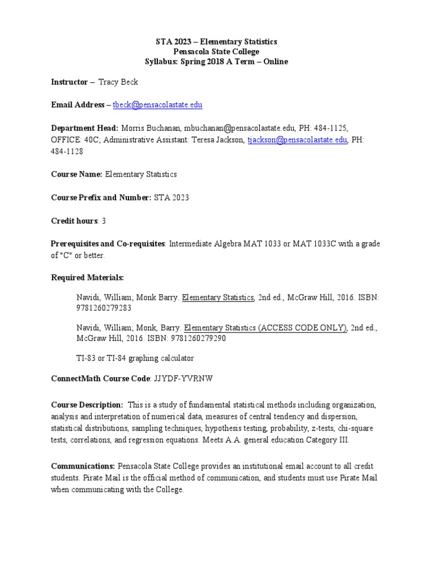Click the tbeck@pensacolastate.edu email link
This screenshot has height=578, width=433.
pyautogui.click(x=157, y=105)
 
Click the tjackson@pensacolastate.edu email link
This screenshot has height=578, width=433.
pyautogui.click(x=297, y=140)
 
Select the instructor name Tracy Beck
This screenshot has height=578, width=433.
pyautogui.click(x=118, y=82)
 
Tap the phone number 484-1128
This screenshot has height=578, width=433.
pyautogui.click(x=66, y=152)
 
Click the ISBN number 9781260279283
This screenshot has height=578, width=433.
pyautogui.click(x=104, y=308)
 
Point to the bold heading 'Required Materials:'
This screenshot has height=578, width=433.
pyautogui.click(x=87, y=278)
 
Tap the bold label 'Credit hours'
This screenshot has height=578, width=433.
pyautogui.click(x=74, y=221)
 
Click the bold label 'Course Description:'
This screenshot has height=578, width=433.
pyautogui.click(x=87, y=405)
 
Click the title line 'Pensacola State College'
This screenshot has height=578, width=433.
pyautogui.click(x=216, y=52)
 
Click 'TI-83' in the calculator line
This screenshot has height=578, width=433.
pyautogui.click(x=86, y=358)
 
